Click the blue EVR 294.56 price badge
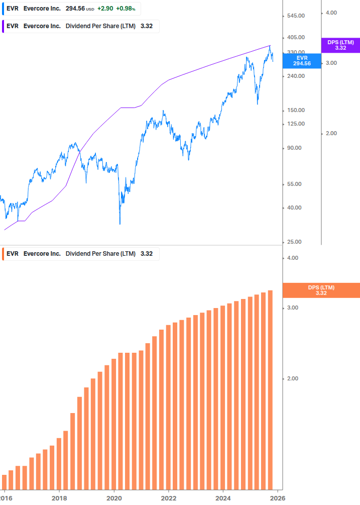tap(302, 61)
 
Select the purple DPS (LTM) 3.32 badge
tap(340, 45)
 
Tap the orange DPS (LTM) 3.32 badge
tap(321, 290)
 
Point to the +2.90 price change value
tap(105, 9)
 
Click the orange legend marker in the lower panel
tap(3, 254)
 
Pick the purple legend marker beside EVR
tap(3, 26)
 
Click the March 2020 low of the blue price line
tap(120, 224)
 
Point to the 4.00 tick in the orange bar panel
tap(292, 258)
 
